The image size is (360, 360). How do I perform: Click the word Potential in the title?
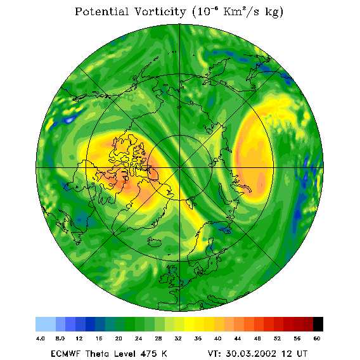point(101,11)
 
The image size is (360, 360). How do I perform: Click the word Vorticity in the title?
point(160,11)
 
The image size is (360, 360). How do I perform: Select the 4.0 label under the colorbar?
point(41,338)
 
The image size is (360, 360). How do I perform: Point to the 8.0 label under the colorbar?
point(60,338)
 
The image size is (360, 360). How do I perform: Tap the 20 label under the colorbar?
point(119,338)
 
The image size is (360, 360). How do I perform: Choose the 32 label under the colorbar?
point(178,338)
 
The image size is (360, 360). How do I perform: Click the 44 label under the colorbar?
point(238,338)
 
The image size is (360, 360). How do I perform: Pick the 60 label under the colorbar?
point(317,338)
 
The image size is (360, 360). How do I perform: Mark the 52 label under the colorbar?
point(277,338)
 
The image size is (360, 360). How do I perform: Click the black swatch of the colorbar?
point(318,324)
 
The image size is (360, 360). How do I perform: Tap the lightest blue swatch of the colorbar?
point(46,324)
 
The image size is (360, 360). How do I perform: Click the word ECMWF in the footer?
point(65,354)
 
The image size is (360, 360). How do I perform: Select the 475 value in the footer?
point(148,354)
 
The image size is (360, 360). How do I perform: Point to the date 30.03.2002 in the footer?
point(251,354)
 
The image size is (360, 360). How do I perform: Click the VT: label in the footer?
point(215,354)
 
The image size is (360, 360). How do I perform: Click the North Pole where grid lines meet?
point(180,168)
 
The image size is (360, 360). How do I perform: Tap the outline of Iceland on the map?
point(155,242)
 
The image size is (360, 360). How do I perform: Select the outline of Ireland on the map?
point(164,279)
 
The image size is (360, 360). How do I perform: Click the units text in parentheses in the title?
point(238,12)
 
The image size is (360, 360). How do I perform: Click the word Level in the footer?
point(124,354)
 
